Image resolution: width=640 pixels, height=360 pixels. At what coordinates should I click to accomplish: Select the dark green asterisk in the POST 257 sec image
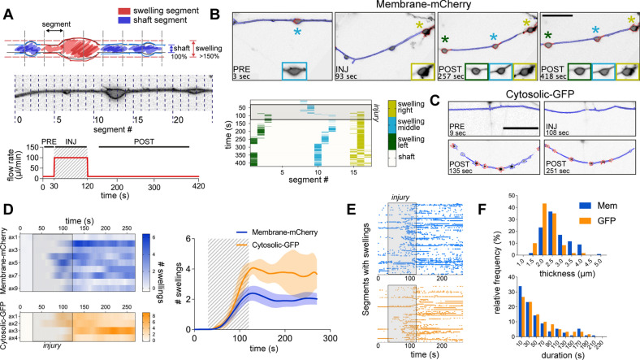445,37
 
